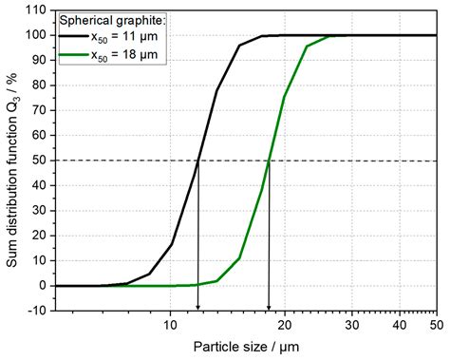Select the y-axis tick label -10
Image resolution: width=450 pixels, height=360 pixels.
click(37, 310)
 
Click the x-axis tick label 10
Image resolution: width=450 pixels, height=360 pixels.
click(170, 321)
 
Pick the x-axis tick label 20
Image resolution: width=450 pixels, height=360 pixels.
click(283, 321)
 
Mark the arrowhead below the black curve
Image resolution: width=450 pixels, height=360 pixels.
click(197, 306)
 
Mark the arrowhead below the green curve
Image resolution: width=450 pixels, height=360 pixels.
click(269, 306)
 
